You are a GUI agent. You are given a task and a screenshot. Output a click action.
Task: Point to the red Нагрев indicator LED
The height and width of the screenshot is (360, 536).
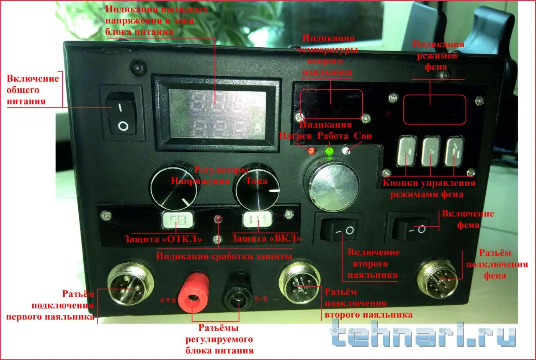coord(312,151)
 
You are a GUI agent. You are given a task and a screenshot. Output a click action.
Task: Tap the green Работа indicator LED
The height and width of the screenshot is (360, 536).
coord(330,150)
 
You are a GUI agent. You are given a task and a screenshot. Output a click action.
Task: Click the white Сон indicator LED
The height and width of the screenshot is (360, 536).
coord(346,151)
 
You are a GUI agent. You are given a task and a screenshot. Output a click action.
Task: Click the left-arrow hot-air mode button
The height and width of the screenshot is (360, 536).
coord(406,152)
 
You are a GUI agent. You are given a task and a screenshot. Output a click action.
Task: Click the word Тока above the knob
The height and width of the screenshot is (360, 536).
coord(256,180)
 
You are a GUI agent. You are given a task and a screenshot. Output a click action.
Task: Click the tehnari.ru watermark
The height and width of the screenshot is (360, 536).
coord(423,335)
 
